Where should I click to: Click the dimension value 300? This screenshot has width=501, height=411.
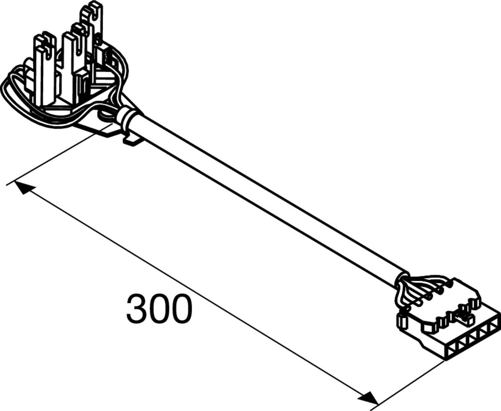(159, 309)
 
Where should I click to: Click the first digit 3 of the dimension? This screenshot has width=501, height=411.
(137, 309)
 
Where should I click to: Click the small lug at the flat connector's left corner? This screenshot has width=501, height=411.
(402, 322)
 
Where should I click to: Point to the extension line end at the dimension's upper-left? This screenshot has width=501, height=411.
(9, 183)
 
